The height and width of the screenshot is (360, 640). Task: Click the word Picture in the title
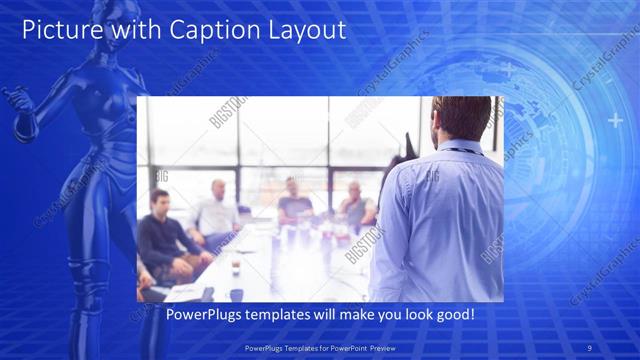click(x=60, y=30)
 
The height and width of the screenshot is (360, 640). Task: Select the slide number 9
click(x=591, y=348)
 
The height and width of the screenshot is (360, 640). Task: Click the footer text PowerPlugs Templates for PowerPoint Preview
click(x=320, y=348)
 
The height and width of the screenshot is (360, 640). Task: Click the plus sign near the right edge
click(x=614, y=121)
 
